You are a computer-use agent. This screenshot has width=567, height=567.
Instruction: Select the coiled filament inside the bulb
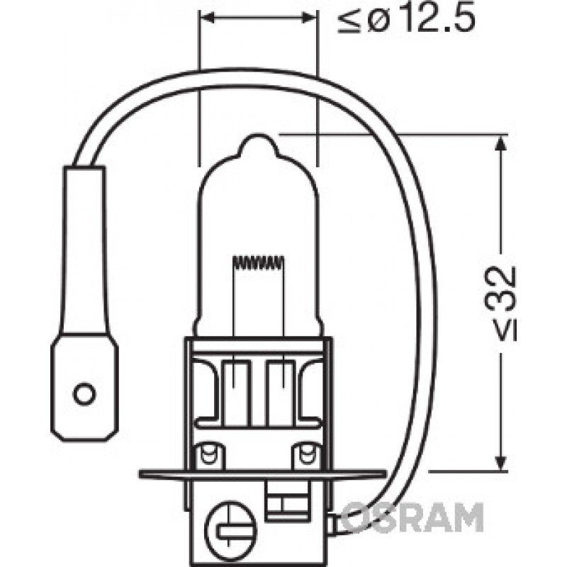[x=258, y=262]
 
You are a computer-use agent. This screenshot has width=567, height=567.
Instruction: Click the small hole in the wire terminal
[x=84, y=393]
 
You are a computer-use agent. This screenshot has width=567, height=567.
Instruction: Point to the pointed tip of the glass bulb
[x=257, y=135]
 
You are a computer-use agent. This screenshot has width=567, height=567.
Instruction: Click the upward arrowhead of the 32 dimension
[x=500, y=143]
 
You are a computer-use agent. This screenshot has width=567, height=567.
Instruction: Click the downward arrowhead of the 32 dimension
[x=500, y=463]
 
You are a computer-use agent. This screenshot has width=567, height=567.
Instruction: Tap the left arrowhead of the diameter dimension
[x=207, y=17]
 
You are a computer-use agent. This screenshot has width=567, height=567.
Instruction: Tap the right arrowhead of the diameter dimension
[x=310, y=17]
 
